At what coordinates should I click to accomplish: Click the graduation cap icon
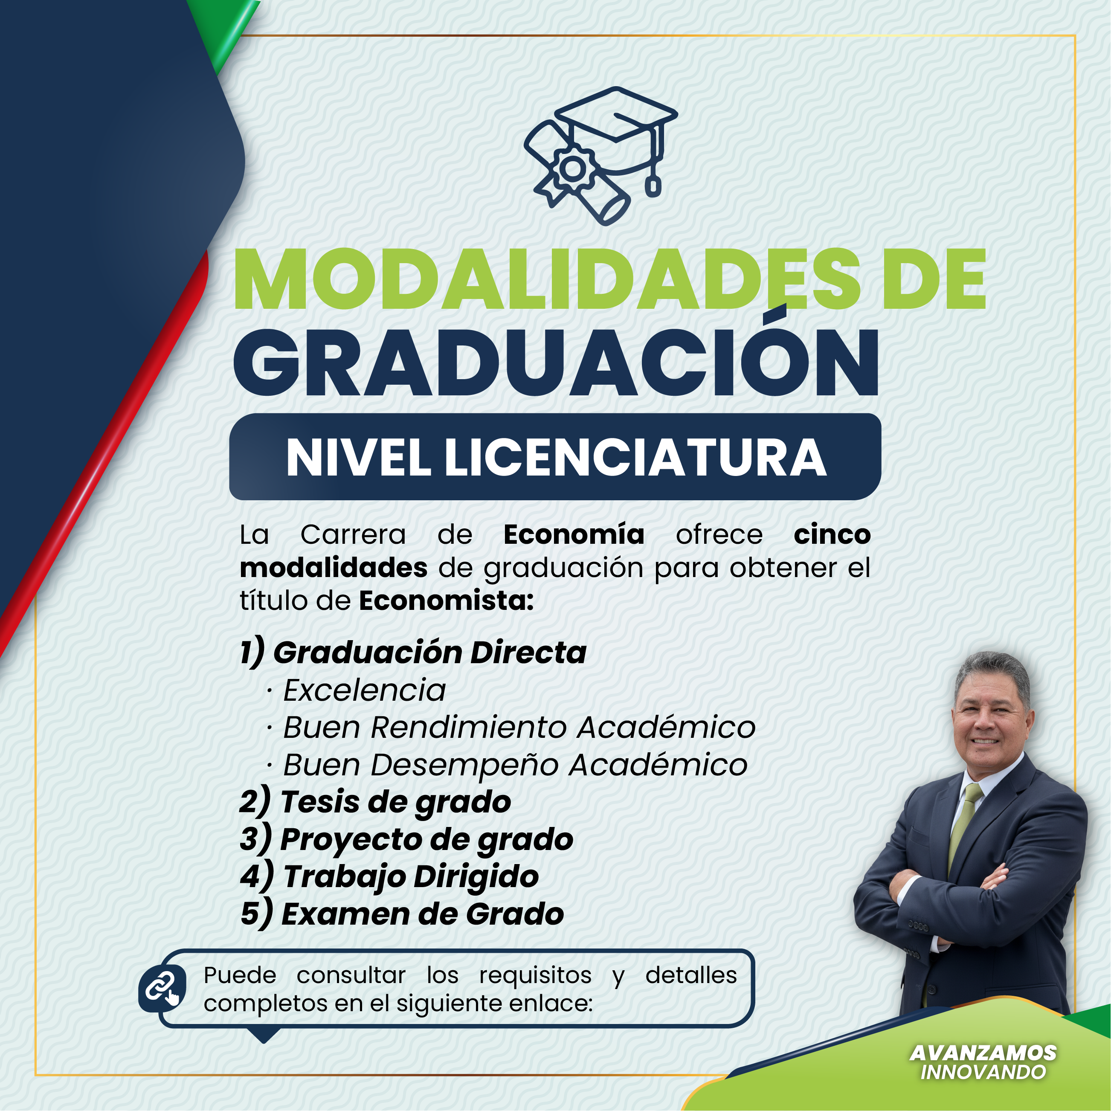pyautogui.click(x=600, y=155)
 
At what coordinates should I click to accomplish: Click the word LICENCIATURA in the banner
pyautogui.click(x=635, y=458)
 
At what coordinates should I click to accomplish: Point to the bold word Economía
pyautogui.click(x=573, y=535)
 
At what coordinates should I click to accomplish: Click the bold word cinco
pyautogui.click(x=832, y=535)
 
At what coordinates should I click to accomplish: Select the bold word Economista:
pyautogui.click(x=446, y=601)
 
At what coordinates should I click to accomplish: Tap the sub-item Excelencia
pyautogui.click(x=365, y=690)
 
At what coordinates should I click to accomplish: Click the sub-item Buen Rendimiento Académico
pyautogui.click(x=519, y=728)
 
